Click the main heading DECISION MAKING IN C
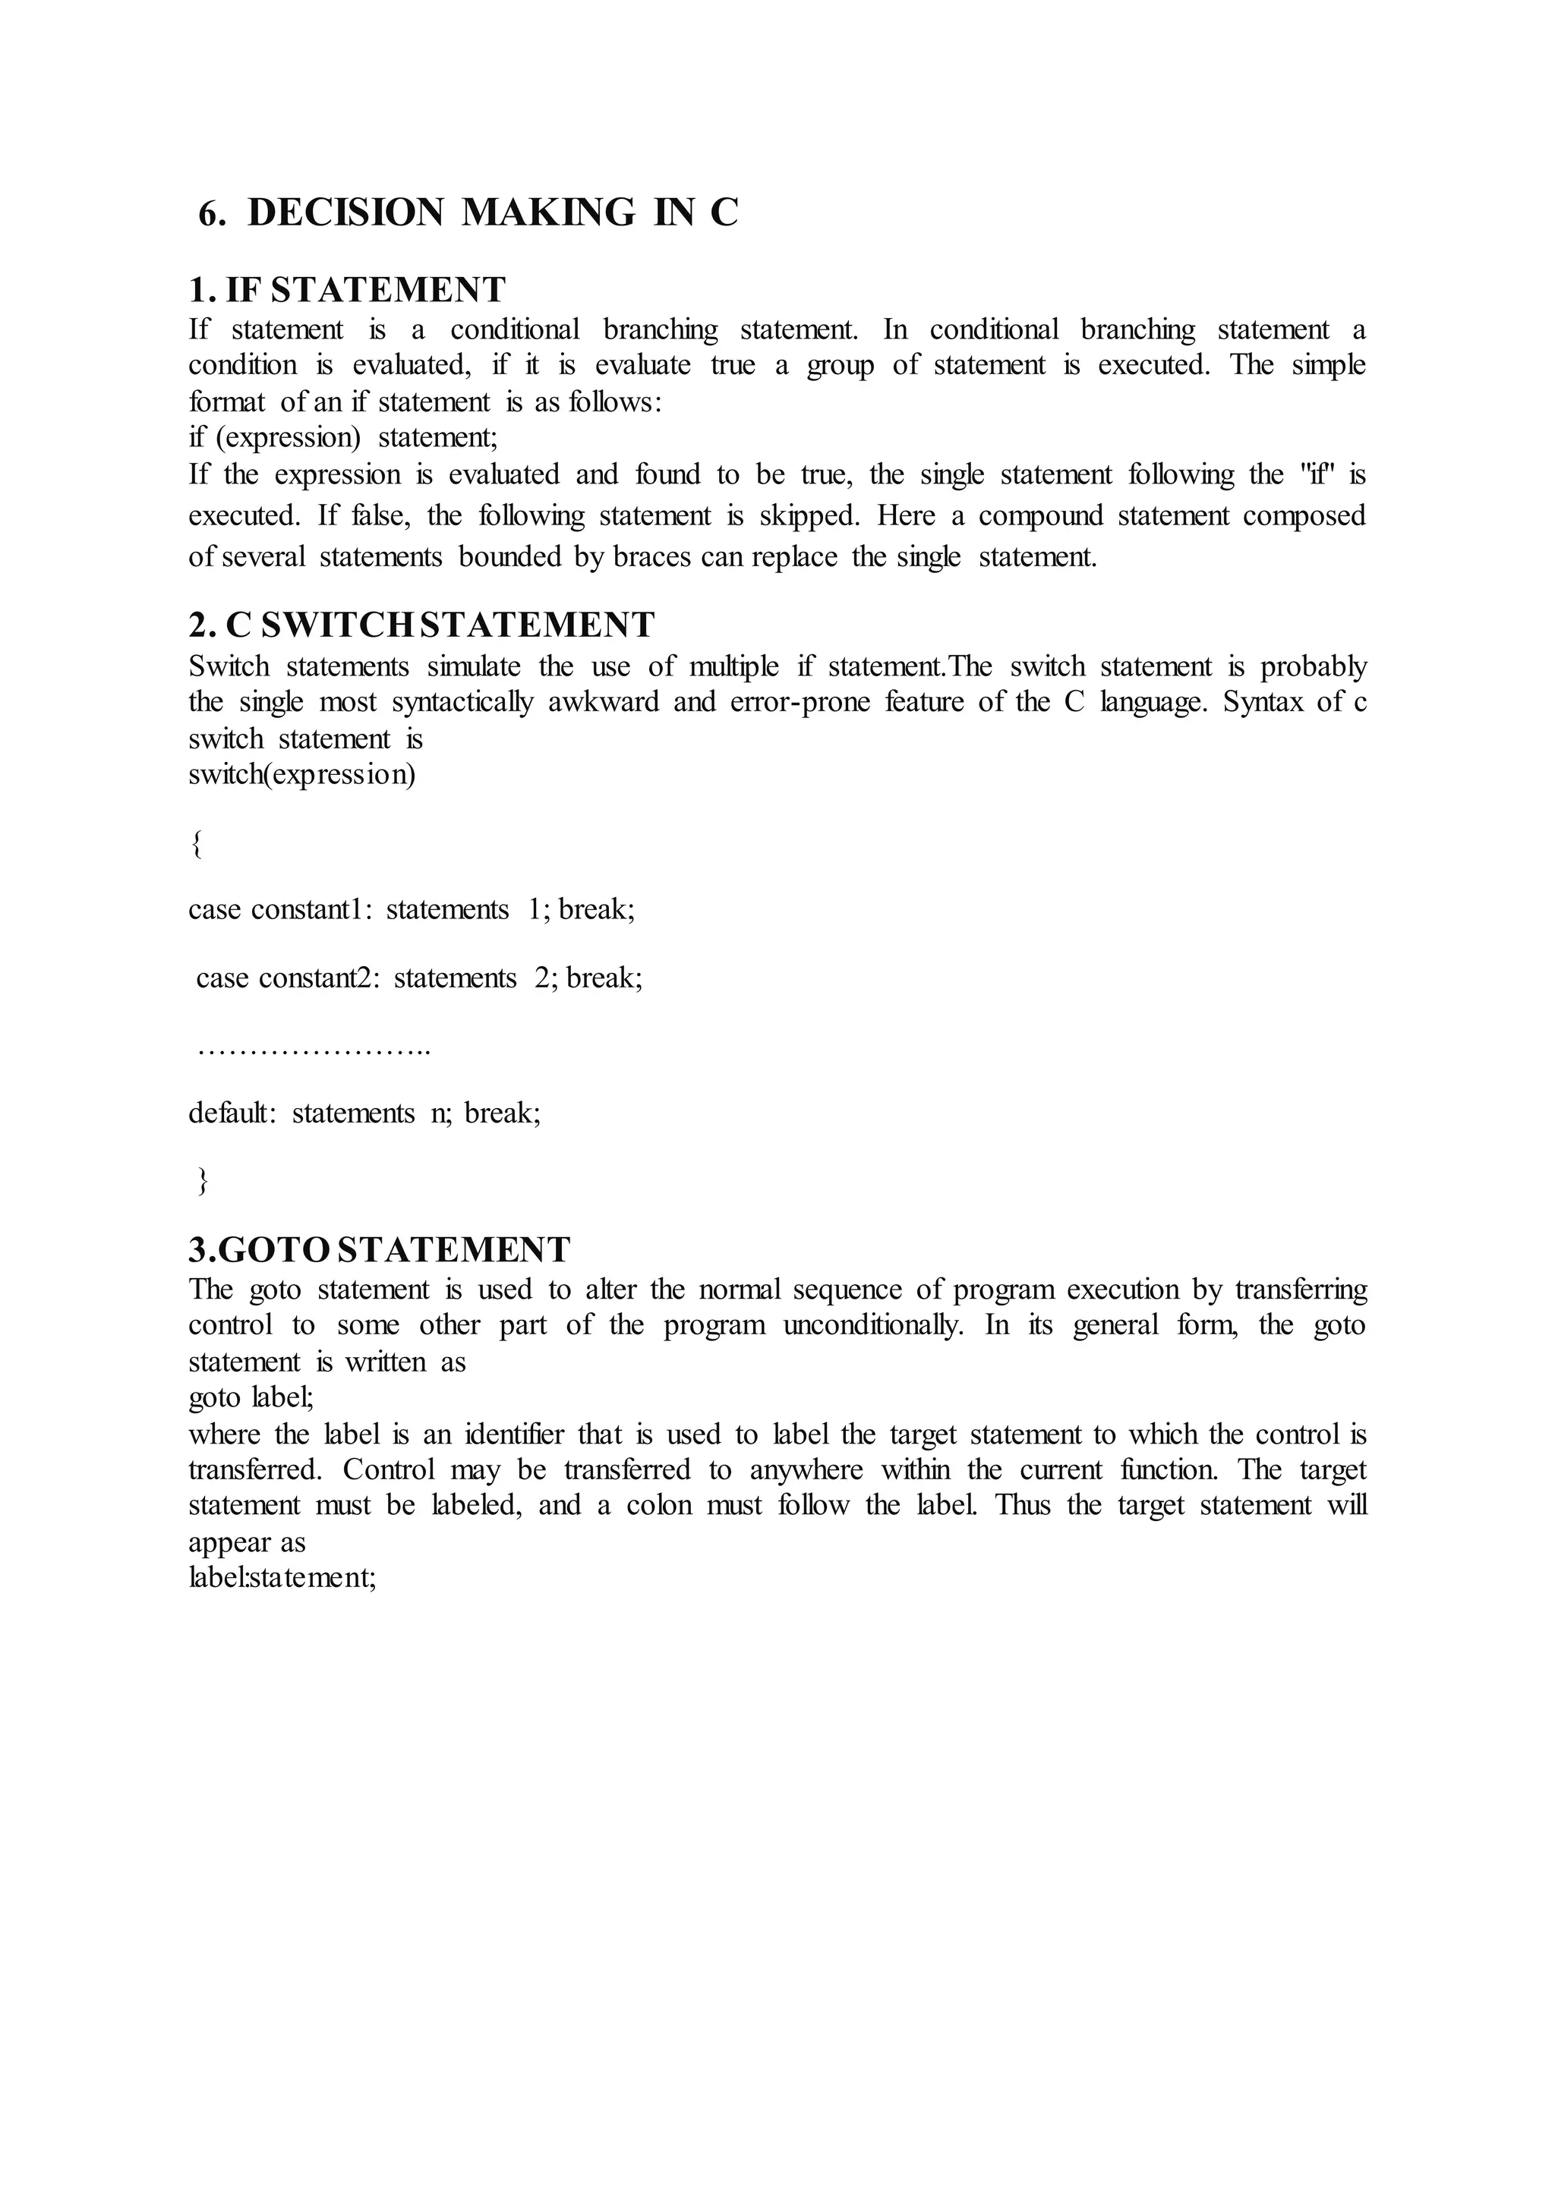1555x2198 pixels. (x=469, y=213)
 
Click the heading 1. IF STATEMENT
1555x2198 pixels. (x=347, y=289)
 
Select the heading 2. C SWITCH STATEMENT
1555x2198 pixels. (x=421, y=625)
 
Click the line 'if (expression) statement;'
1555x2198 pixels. (x=342, y=437)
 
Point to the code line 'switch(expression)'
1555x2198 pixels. (x=301, y=774)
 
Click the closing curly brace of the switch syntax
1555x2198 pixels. (x=202, y=1182)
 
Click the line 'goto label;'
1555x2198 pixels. (x=251, y=1399)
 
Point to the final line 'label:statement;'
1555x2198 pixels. (x=282, y=1578)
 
